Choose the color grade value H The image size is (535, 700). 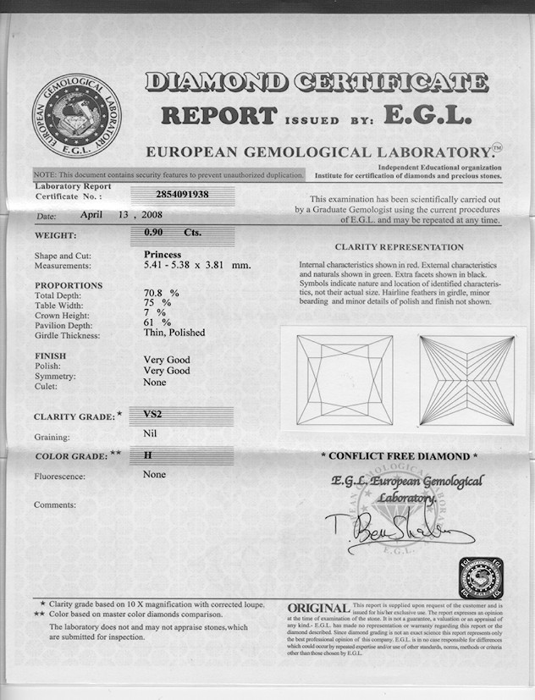(x=148, y=455)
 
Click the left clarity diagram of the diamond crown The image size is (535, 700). (x=345, y=378)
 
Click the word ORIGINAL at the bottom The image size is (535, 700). (x=318, y=609)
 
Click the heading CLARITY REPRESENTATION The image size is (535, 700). (x=399, y=247)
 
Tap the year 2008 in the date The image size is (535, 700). (x=164, y=215)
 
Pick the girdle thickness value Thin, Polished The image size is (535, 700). (x=174, y=333)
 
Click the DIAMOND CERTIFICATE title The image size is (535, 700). (x=317, y=82)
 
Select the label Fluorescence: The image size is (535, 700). (x=59, y=477)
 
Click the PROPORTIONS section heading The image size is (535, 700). (x=69, y=285)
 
